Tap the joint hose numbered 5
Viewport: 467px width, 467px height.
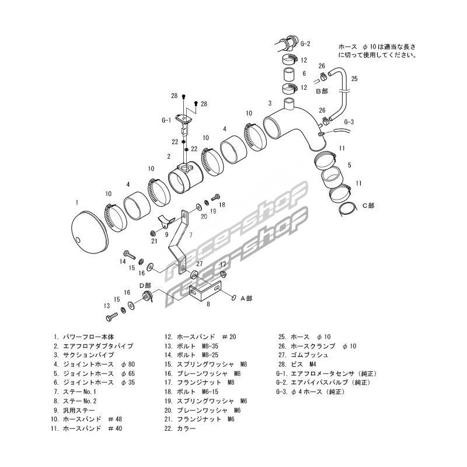click(332, 177)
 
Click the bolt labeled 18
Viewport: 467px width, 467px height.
click(215, 197)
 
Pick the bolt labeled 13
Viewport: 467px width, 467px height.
click(111, 317)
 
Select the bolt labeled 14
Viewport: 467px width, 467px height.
click(129, 255)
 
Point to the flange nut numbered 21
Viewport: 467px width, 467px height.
click(152, 232)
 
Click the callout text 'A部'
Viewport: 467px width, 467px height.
click(246, 298)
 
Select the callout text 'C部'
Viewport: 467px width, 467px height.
click(368, 205)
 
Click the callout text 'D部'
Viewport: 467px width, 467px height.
click(145, 285)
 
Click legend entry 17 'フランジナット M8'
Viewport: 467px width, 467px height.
click(200, 383)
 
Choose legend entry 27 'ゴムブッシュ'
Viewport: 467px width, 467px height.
click(303, 355)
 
